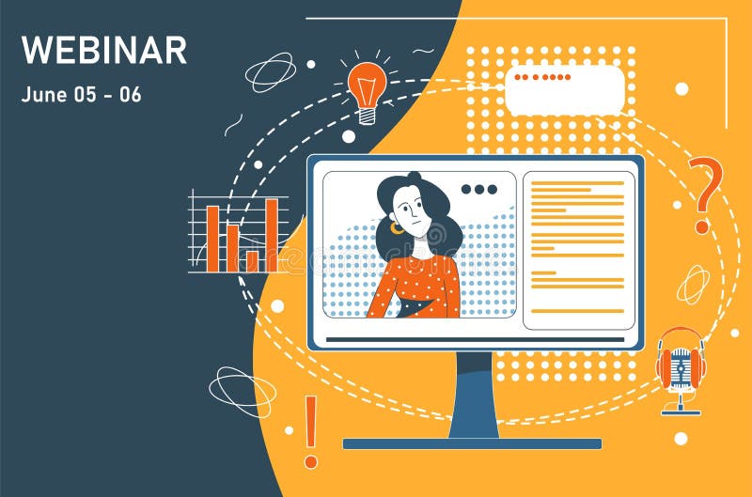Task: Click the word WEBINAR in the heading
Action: click(x=103, y=50)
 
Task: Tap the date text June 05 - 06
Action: click(x=81, y=95)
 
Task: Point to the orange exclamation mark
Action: click(x=310, y=431)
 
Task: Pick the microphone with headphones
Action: click(x=681, y=367)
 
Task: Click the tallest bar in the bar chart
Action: click(x=271, y=234)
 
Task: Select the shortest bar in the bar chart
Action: click(x=252, y=260)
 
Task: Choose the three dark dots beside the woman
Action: click(x=478, y=190)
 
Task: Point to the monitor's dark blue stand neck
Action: click(x=474, y=395)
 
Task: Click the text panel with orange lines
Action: click(x=578, y=249)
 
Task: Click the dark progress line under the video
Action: click(x=474, y=338)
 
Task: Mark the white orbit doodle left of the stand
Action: click(x=242, y=390)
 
